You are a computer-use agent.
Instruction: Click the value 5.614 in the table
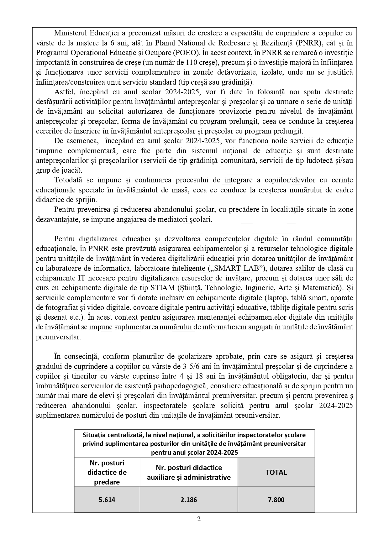(x=107, y=500)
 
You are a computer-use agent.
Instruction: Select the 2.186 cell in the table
(x=189, y=500)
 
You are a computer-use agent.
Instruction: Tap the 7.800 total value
(x=276, y=500)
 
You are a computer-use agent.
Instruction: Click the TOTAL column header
(x=276, y=472)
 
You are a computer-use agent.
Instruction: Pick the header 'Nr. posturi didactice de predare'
(x=107, y=472)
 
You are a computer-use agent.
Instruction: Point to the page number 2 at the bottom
(x=199, y=519)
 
